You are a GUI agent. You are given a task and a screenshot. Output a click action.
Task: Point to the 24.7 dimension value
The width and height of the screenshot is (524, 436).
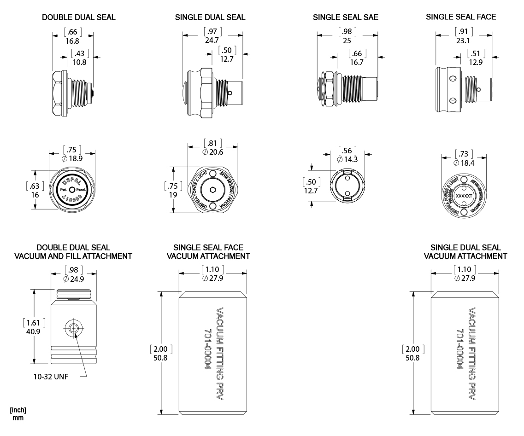[x=212, y=40]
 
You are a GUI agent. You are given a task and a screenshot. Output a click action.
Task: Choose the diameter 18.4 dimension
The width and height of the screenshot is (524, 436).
[x=464, y=163]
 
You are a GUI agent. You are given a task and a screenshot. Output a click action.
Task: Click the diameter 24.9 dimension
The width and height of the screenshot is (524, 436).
[x=74, y=279]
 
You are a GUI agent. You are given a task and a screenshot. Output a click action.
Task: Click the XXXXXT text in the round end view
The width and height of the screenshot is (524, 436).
[x=463, y=196]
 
